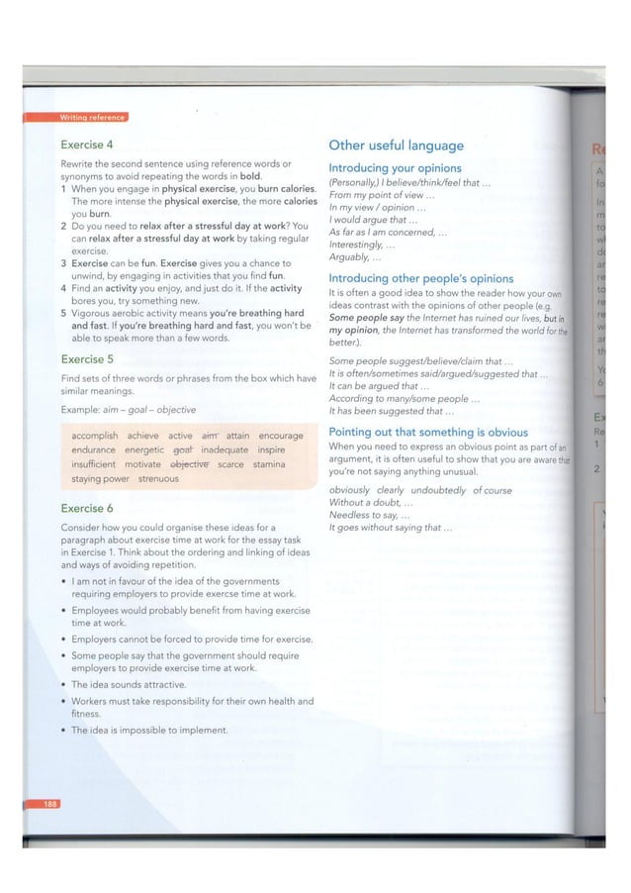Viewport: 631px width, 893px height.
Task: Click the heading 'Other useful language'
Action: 396,146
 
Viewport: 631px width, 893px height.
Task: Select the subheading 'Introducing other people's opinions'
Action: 420,279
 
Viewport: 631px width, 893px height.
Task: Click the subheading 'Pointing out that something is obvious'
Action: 428,433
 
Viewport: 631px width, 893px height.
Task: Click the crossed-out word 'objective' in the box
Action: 190,463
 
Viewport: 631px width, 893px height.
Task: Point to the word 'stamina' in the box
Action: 269,463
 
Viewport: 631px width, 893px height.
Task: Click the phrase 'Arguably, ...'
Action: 350,257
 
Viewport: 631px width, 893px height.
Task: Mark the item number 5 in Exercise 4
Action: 64,311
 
